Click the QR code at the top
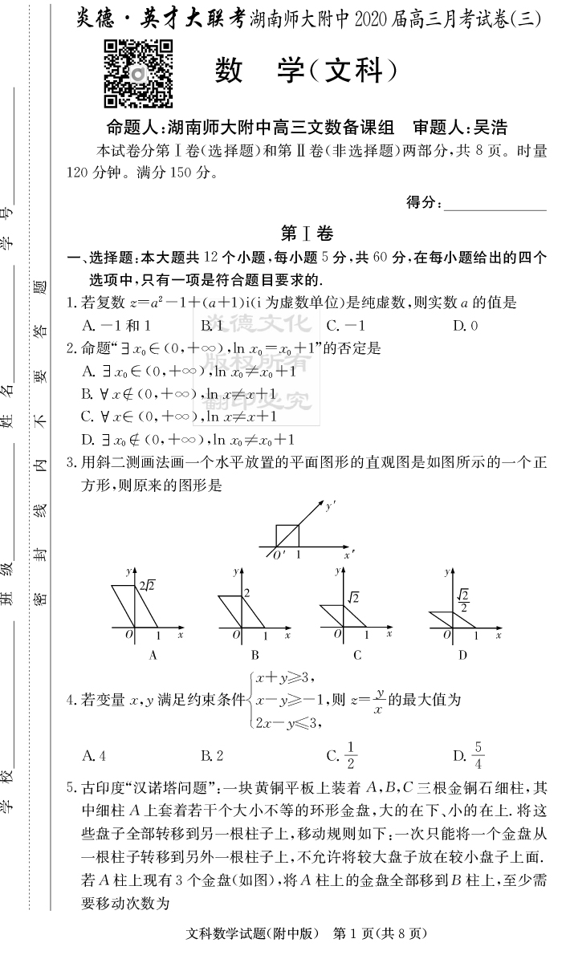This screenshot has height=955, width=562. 138,73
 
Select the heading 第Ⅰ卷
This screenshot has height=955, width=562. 306,233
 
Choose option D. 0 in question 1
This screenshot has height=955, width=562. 466,326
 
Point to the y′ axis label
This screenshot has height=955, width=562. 330,506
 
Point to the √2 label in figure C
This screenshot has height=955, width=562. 352,598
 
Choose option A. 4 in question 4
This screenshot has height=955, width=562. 94,754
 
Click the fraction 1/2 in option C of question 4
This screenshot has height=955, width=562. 352,754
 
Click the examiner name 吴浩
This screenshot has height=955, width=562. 491,127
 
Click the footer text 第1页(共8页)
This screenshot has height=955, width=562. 378,933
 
